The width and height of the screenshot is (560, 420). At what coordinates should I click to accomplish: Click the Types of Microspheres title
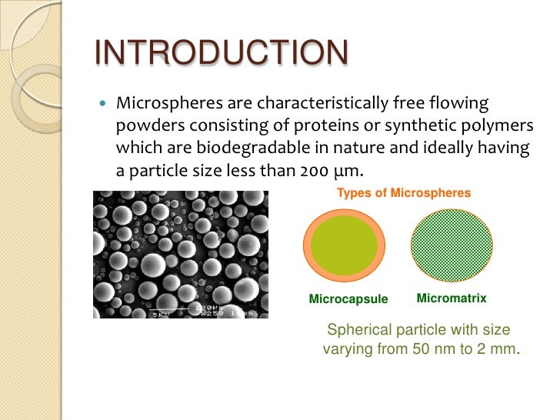403,193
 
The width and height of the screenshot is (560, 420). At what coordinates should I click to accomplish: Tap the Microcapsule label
348,299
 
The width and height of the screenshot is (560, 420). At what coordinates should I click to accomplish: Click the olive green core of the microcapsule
344,245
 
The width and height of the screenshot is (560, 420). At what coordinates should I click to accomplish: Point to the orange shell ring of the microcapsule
309,246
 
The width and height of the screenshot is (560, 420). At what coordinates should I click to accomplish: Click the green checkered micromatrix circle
452,245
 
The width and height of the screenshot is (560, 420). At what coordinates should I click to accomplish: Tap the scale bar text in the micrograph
209,309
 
